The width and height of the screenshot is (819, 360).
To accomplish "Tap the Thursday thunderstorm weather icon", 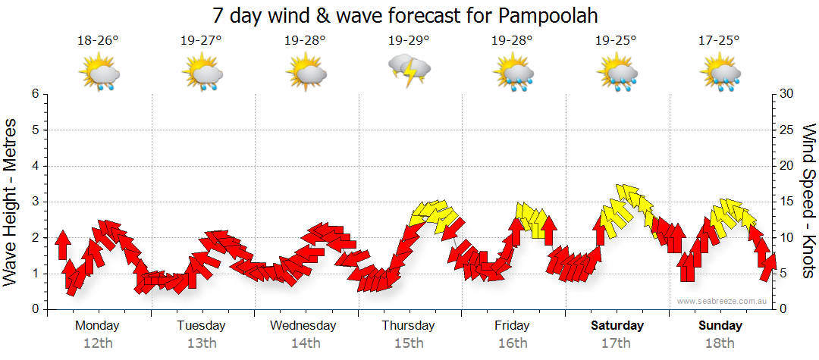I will (409, 70).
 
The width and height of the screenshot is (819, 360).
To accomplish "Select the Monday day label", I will (97, 325).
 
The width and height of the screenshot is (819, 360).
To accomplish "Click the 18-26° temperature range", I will (99, 40).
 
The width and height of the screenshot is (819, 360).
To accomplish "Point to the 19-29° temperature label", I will (409, 40).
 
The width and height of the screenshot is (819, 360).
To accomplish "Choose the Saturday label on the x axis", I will (617, 325).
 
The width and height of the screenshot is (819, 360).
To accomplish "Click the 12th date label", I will (97, 343).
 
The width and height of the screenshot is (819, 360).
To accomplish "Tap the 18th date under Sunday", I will (720, 343).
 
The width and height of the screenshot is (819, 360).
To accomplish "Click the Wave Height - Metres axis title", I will (11, 202).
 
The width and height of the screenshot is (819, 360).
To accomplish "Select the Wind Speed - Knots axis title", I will (808, 202).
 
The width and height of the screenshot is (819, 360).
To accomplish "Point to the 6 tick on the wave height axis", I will (35, 94).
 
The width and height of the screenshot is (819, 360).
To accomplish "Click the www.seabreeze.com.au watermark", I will (723, 301).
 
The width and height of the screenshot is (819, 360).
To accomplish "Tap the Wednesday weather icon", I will (306, 74).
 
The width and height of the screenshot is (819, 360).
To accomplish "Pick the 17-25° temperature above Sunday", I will (720, 40).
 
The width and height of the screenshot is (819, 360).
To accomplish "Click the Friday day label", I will (513, 325).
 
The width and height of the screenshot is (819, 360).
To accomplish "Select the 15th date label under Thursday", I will (409, 343).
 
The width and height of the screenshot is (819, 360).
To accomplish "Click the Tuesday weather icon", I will (202, 74).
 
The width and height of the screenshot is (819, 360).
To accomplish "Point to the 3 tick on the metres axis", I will (35, 202).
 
